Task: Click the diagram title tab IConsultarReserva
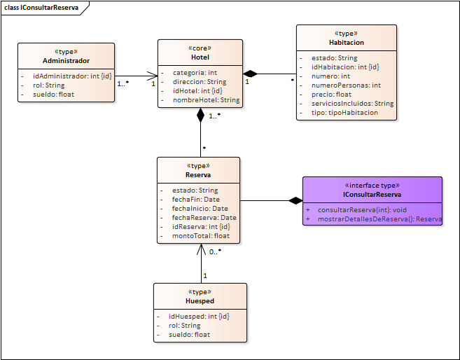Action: coord(41,8)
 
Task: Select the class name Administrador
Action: coord(66,60)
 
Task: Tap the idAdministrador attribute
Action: coord(72,76)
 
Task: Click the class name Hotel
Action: coord(200,57)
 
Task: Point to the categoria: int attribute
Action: coord(194,72)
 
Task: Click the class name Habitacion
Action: coord(346,42)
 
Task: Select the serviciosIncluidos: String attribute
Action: coord(352,103)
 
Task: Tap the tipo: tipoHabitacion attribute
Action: coord(344,113)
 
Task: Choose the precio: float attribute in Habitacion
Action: coord(331,94)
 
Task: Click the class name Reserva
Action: coord(199,174)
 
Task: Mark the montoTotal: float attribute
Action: coord(200,236)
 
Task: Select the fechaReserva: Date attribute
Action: coord(204,218)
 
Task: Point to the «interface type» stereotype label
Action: coord(372,185)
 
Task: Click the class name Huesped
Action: coord(200,300)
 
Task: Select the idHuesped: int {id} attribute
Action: coord(199,317)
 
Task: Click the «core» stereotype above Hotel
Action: coord(200,48)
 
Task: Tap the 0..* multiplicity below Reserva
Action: coord(215,251)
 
